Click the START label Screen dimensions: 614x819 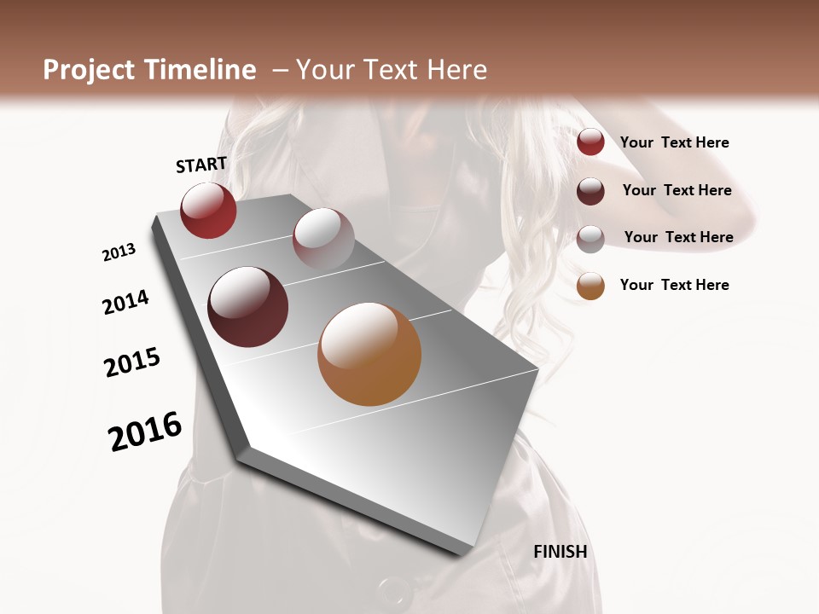201,165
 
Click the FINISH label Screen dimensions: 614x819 560,552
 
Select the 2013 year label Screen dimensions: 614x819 119,252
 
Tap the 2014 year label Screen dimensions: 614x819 125,302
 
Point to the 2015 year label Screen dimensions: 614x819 132,362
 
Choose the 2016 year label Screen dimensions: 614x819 145,432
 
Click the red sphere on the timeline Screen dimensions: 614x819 208,210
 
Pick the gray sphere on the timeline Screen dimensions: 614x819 323,238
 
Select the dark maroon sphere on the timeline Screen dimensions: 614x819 248,307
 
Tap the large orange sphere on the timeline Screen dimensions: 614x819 369,354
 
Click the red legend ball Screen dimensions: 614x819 590,142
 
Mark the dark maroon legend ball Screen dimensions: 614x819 590,190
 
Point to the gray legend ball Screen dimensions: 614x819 590,238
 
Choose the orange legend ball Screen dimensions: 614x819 590,286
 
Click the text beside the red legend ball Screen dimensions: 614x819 674,142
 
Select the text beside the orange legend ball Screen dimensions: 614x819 674,285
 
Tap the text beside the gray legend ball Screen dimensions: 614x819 678,237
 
